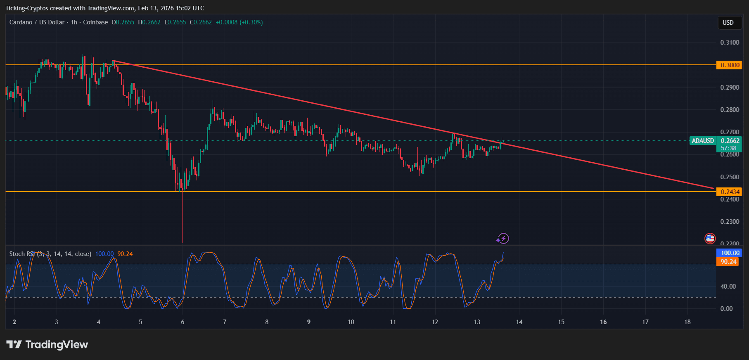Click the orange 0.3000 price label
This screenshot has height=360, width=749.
pyautogui.click(x=730, y=65)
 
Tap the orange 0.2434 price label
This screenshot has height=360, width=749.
pyautogui.click(x=730, y=192)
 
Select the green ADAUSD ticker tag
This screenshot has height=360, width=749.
pyautogui.click(x=703, y=141)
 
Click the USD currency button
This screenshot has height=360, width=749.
pyautogui.click(x=728, y=23)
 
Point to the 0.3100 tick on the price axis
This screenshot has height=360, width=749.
pyautogui.click(x=730, y=43)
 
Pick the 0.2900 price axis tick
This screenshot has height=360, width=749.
pyautogui.click(x=730, y=88)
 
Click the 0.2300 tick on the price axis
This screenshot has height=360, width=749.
pyautogui.click(x=730, y=222)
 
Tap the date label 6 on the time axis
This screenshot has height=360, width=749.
pyautogui.click(x=183, y=322)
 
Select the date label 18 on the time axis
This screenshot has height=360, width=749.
pyautogui.click(x=687, y=322)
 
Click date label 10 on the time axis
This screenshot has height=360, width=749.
pyautogui.click(x=351, y=322)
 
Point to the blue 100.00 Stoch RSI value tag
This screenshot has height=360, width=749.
pyautogui.click(x=730, y=253)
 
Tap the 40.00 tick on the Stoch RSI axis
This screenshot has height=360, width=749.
pyautogui.click(x=728, y=287)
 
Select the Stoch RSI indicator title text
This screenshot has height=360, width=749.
pyautogui.click(x=50, y=254)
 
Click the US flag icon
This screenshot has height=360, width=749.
pyautogui.click(x=710, y=238)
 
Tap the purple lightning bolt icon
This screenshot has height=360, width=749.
pyautogui.click(x=503, y=238)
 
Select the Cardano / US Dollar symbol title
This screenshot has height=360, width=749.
pyautogui.click(x=37, y=22)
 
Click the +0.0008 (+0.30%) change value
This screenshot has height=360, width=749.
pyautogui.click(x=239, y=22)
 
